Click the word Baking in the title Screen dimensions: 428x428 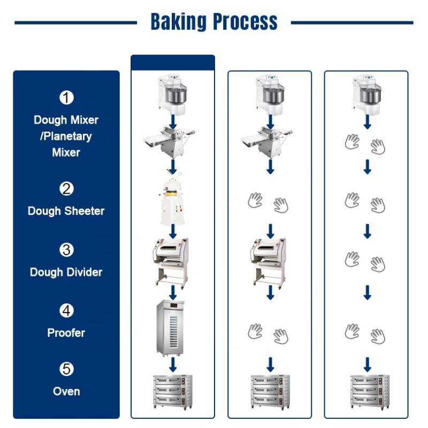pyautogui.click(x=178, y=22)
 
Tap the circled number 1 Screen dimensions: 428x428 pyautogui.click(x=66, y=98)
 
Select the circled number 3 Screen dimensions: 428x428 pyautogui.click(x=66, y=250)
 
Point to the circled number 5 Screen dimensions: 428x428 pyautogui.click(x=66, y=369)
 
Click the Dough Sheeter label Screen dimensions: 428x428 pyautogui.click(x=66, y=211)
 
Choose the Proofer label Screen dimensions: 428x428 pyautogui.click(x=66, y=333)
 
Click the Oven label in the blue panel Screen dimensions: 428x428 pyautogui.click(x=66, y=392)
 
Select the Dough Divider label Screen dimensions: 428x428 pyautogui.click(x=66, y=272)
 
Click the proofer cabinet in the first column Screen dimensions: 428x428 pyautogui.click(x=172, y=327)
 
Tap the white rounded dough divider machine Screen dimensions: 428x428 pyautogui.click(x=172, y=202)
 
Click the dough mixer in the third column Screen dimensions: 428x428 pyautogui.click(x=367, y=94)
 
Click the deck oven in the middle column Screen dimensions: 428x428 pyautogui.click(x=270, y=392)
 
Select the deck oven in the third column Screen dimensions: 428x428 pyautogui.click(x=367, y=392)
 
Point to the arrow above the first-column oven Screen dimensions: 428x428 pyautogui.click(x=173, y=365)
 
